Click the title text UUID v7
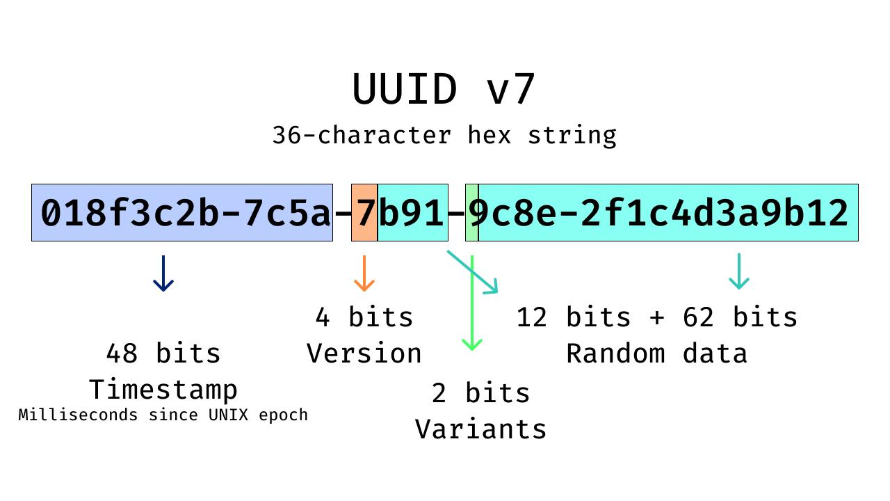click(x=444, y=90)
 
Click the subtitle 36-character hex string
click(x=444, y=135)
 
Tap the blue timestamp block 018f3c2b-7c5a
click(x=182, y=213)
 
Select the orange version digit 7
click(x=364, y=213)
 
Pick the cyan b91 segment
click(x=412, y=213)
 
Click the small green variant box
click(x=471, y=213)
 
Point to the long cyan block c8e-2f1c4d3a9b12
click(x=667, y=213)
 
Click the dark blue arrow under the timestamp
click(x=163, y=273)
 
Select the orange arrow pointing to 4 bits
click(x=364, y=273)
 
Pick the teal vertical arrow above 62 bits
click(x=738, y=271)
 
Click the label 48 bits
click(x=163, y=353)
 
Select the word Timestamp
click(x=163, y=390)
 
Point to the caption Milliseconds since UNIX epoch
click(x=163, y=415)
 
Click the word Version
click(x=364, y=353)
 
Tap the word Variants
click(x=481, y=429)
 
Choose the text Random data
click(x=656, y=353)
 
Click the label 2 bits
click(x=481, y=393)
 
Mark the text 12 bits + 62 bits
click(x=656, y=317)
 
